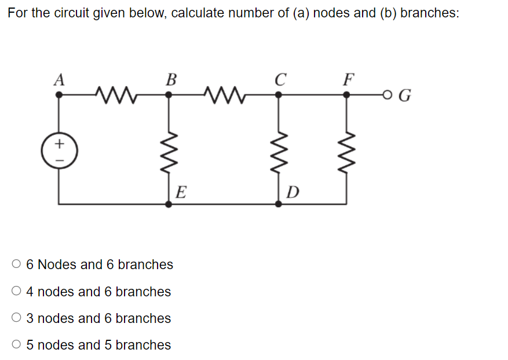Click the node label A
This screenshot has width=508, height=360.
[x=59, y=79]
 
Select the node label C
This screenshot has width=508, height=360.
[x=280, y=79]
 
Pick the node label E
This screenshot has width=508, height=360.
[x=180, y=192]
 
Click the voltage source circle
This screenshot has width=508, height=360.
[x=59, y=150]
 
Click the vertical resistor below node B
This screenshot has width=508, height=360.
[x=169, y=150]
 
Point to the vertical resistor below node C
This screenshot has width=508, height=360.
[x=279, y=150]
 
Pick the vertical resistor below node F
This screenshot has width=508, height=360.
[x=346, y=150]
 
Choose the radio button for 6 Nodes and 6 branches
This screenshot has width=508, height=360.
[x=16, y=265]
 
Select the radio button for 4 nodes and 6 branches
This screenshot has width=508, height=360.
[x=16, y=292]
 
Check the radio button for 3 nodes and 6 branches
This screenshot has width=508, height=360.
[x=16, y=318]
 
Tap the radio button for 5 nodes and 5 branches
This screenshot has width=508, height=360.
[x=16, y=345]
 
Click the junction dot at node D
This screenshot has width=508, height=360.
[x=279, y=204]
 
